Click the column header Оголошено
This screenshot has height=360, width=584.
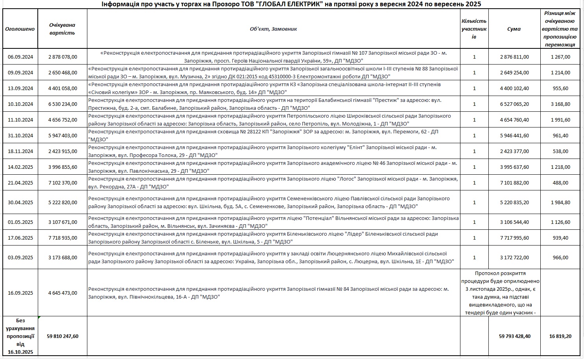tap(20, 29)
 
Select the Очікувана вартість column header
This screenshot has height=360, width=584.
tap(62, 29)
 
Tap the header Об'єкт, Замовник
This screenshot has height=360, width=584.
tap(273, 29)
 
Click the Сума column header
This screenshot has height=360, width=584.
tap(514, 29)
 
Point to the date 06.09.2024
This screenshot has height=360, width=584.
tap(20, 57)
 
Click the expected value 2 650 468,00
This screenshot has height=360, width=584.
tap(63, 72)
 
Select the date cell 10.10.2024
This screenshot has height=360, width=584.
tap(20, 104)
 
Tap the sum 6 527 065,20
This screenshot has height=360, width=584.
tap(514, 104)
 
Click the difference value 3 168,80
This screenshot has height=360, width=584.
tap(561, 104)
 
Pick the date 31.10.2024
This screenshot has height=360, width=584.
tap(20, 135)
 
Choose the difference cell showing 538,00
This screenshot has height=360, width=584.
tap(561, 151)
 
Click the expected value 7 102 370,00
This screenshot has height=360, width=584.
tap(63, 183)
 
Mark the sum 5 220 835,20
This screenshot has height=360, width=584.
tap(514, 202)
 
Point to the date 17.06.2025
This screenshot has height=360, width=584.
tap(20, 238)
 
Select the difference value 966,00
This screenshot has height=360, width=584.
tap(561, 257)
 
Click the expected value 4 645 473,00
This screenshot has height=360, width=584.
tap(63, 293)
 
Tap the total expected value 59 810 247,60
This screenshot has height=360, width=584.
tap(63, 336)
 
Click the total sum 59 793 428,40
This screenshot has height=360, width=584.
tap(514, 336)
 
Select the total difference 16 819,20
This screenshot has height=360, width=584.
tap(561, 336)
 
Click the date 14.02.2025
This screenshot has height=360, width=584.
tap(20, 167)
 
